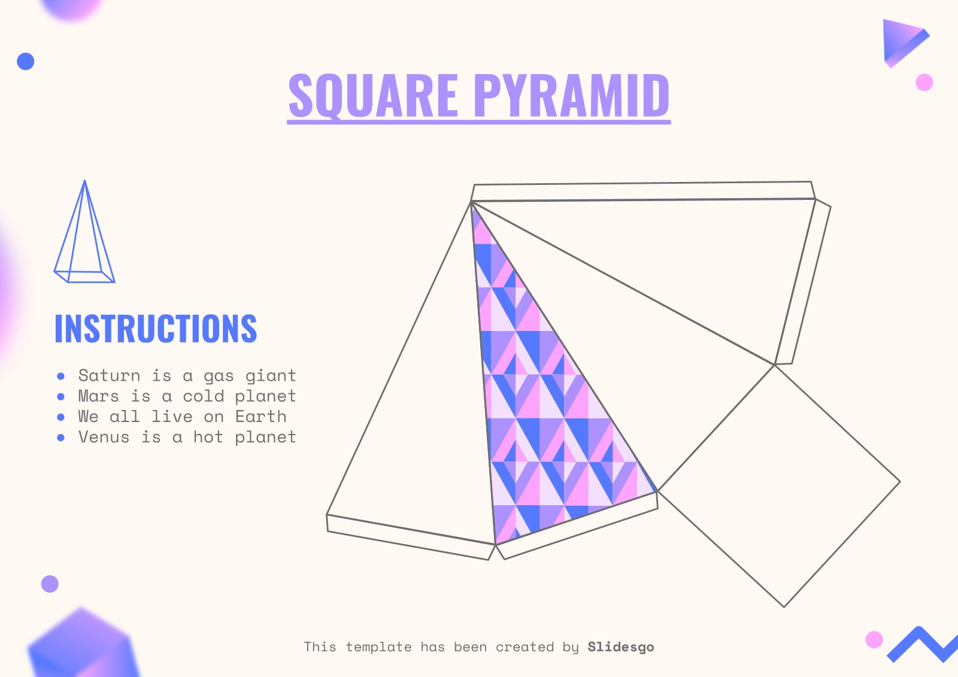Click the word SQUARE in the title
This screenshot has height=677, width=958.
(373, 96)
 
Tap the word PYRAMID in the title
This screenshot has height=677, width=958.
(572, 96)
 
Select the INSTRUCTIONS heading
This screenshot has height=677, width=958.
(156, 329)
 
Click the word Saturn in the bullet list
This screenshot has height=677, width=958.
(109, 376)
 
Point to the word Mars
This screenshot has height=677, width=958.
(98, 396)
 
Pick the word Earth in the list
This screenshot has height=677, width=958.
(260, 417)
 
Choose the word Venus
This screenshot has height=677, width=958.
(104, 438)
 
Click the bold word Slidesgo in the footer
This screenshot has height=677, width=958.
(620, 647)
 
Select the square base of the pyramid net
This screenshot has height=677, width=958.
(778, 485)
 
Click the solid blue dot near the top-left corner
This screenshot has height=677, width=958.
(26, 61)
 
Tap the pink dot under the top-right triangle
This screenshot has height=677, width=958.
(924, 82)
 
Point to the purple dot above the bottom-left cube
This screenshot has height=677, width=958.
(50, 584)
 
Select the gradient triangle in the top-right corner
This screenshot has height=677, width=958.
(901, 40)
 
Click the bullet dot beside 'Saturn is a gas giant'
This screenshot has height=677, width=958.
(60, 377)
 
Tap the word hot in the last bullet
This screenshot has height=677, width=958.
(208, 438)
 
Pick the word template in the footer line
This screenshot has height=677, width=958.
(378, 647)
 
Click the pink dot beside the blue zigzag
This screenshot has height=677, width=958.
(874, 639)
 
